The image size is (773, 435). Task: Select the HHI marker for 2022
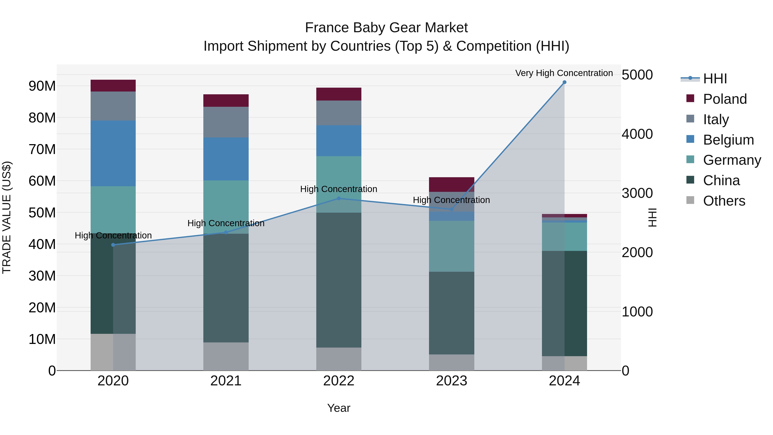339,198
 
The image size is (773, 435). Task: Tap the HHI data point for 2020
113,245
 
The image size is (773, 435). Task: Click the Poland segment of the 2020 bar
113,85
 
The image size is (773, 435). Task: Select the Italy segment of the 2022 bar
339,113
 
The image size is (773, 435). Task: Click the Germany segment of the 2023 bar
452,246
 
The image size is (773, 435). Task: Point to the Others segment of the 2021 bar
226,356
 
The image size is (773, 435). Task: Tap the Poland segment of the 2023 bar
452,184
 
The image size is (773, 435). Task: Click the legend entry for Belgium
728,140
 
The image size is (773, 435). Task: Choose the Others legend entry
724,201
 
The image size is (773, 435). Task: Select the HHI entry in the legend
715,79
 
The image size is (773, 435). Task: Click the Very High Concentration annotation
564,73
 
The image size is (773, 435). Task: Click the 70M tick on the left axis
42,149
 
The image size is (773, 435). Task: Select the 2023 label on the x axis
452,381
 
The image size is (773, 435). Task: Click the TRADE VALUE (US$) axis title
7,217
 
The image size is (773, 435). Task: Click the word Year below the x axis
339,408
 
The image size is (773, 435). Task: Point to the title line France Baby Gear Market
386,28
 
